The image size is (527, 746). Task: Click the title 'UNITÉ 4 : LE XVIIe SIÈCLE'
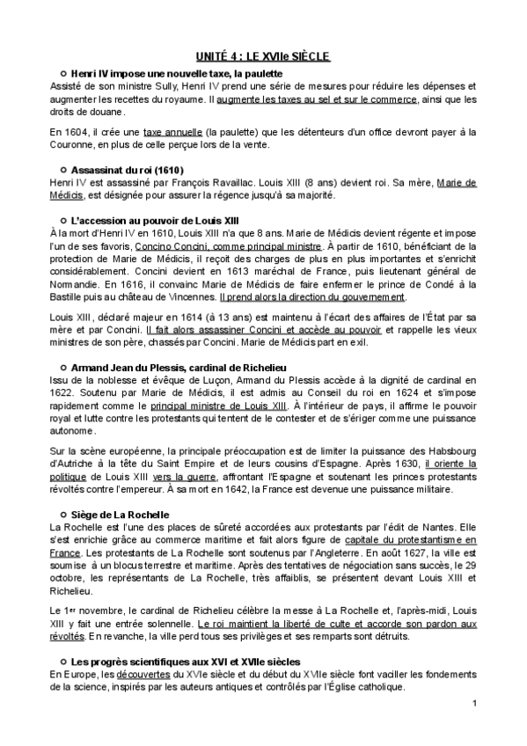pyautogui.click(x=263, y=56)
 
